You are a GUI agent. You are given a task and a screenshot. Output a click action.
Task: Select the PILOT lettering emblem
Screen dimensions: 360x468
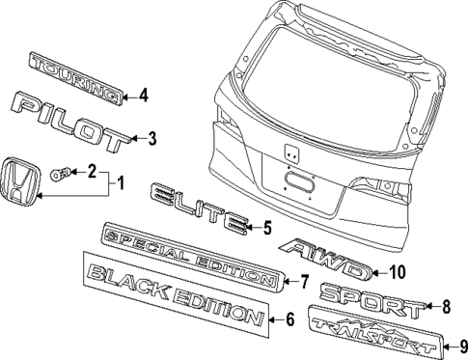(69, 119)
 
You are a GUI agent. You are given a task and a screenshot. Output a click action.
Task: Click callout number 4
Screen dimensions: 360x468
(143, 95)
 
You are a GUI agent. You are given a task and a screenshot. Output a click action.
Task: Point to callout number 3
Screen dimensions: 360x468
(150, 139)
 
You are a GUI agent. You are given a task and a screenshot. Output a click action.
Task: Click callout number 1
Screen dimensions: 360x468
(120, 181)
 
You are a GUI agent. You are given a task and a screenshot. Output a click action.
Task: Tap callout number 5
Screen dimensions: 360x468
(267, 229)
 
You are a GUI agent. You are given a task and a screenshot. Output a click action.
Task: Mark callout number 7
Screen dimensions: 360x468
(303, 283)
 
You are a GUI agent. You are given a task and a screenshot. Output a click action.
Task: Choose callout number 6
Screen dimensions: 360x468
(289, 320)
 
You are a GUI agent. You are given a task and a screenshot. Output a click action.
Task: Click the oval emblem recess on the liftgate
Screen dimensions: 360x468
(298, 184)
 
